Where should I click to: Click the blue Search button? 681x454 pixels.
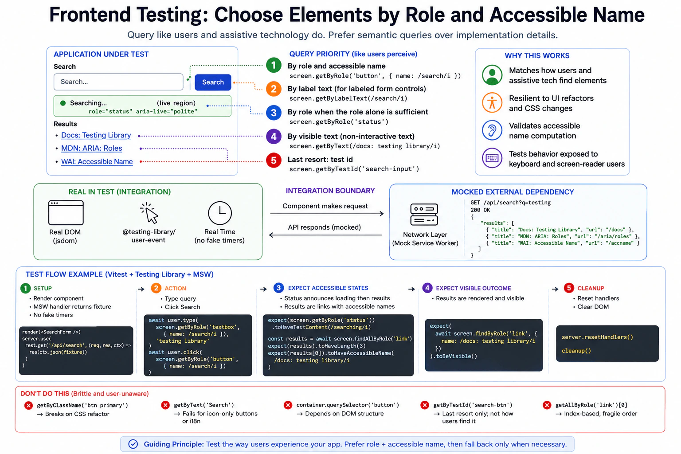pyautogui.click(x=213, y=82)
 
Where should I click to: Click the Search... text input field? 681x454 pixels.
pyautogui.click(x=118, y=82)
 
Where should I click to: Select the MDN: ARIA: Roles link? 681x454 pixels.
pyautogui.click(x=91, y=149)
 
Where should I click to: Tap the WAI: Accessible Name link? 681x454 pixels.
pyautogui.click(x=97, y=161)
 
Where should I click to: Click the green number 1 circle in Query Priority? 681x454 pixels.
pyautogui.click(x=274, y=65)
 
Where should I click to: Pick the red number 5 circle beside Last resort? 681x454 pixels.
pyautogui.click(x=274, y=160)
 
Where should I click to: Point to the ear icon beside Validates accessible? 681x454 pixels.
pyautogui.click(x=492, y=130)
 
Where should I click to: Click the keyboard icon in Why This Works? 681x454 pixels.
pyautogui.click(x=492, y=158)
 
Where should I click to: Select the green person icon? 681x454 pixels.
pyautogui.click(x=492, y=75)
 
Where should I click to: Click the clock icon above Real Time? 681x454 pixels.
pyautogui.click(x=220, y=213)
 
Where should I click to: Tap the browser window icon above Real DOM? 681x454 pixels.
pyautogui.click(x=66, y=212)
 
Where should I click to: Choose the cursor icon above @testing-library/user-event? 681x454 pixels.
pyautogui.click(x=149, y=213)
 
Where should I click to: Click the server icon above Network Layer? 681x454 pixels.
pyautogui.click(x=424, y=215)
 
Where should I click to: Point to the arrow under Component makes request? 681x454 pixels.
pyautogui.click(x=327, y=214)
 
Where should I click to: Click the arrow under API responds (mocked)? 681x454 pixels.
pyautogui.click(x=325, y=235)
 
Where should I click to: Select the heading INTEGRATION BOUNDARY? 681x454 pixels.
pyautogui.click(x=330, y=191)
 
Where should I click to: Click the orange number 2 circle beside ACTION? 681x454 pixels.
pyautogui.click(x=156, y=288)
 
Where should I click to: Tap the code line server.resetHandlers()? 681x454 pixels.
pyautogui.click(x=597, y=337)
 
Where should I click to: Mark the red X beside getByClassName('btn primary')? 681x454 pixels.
pyautogui.click(x=28, y=405)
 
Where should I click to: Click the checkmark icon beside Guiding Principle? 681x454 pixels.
pyautogui.click(x=133, y=444)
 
